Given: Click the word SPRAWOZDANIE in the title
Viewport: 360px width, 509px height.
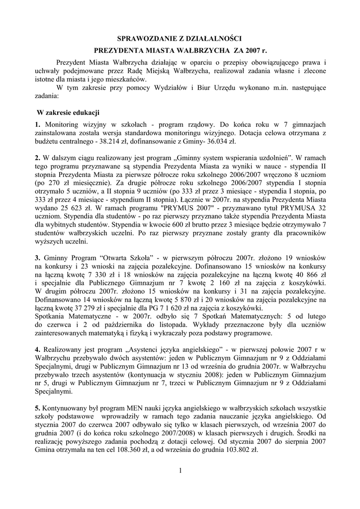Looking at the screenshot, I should point(143,38).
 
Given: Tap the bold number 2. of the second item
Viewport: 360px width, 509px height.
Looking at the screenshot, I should point(38,158).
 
